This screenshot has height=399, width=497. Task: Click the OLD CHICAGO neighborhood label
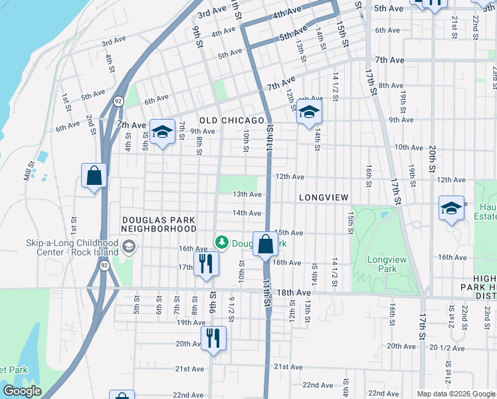pyautogui.click(x=232, y=120)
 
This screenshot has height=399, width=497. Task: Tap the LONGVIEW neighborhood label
pyautogui.click(x=324, y=198)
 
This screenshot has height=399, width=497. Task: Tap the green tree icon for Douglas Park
pyautogui.click(x=223, y=243)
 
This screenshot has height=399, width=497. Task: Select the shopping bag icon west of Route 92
pyautogui.click(x=94, y=176)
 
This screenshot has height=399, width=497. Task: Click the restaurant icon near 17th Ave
pyautogui.click(x=205, y=263)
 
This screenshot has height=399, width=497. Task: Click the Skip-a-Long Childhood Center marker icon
pyautogui.click(x=128, y=248)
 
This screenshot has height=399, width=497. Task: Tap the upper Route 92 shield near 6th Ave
pyautogui.click(x=118, y=101)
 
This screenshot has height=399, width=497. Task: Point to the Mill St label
pyautogui.click(x=29, y=171)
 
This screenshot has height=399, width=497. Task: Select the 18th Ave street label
pyautogui.click(x=294, y=293)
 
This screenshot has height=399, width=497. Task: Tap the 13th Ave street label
pyautogui.click(x=247, y=194)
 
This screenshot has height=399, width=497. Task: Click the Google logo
pyautogui.click(x=22, y=391)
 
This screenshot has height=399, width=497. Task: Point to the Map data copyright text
pyautogui.click(x=455, y=394)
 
